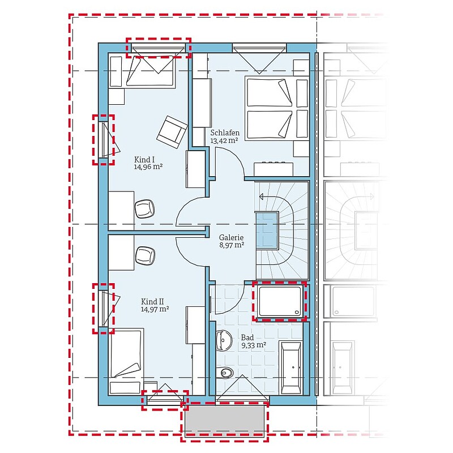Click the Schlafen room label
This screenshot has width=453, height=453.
(x=225, y=133)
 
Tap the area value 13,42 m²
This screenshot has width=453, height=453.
(x=224, y=140)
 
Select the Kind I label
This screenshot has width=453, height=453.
(x=144, y=160)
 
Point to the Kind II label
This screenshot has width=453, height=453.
(x=152, y=302)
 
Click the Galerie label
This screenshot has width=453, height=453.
(x=231, y=237)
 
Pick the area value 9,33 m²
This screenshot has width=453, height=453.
(x=253, y=345)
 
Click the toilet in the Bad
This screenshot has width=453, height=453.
(x=224, y=373)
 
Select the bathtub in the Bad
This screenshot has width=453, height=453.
(x=291, y=367)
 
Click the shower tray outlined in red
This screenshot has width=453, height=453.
(x=280, y=301)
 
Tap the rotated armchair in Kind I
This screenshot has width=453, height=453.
(x=172, y=132)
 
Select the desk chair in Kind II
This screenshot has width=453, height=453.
(x=146, y=255)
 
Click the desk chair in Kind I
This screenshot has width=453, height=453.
(x=144, y=209)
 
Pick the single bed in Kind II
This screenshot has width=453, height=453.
(x=127, y=362)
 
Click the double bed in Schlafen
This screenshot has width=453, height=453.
(x=277, y=108)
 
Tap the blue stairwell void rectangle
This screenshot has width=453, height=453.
(x=267, y=230)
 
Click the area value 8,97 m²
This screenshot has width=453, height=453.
(x=232, y=246)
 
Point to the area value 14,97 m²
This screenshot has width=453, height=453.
(x=155, y=309)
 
